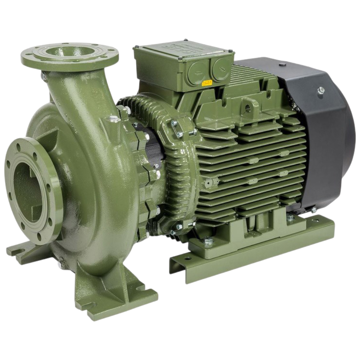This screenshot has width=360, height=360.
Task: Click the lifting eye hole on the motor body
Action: click(x=248, y=108)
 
